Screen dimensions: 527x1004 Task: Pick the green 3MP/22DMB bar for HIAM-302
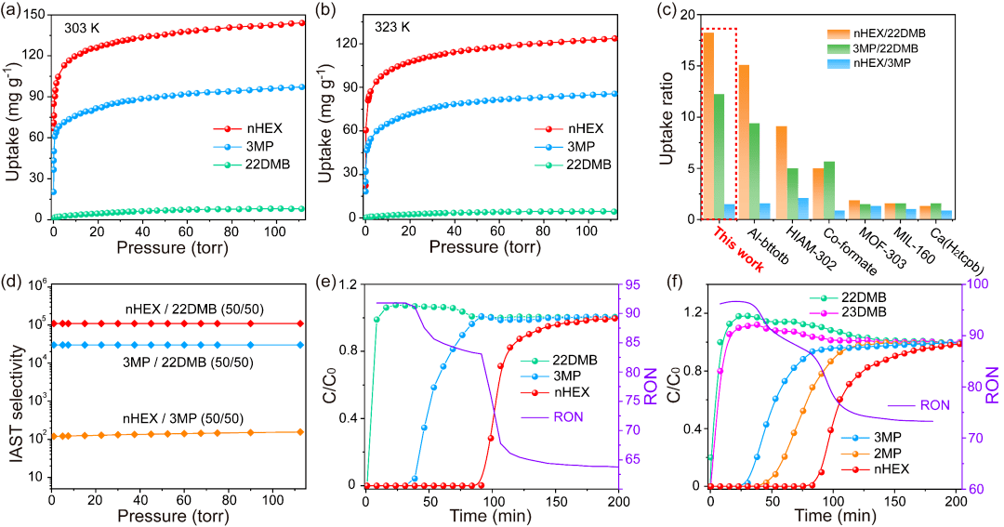click(793, 193)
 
